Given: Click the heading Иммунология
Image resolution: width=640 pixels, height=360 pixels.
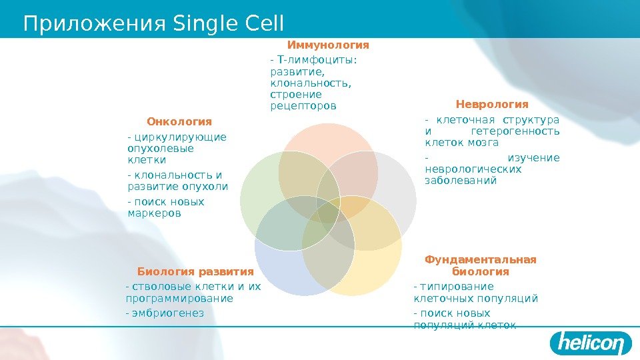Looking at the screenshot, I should coord(328,45).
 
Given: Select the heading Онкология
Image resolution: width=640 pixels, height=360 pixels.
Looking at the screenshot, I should coord(179,121).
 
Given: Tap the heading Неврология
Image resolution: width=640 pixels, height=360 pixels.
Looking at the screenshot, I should coord(492,105).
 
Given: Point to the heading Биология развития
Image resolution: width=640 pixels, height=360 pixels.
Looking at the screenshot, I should coord(195,271).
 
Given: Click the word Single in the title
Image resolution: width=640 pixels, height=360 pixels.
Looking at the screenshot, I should coord(199,24).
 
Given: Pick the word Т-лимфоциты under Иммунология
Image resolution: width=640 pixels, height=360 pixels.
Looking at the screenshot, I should coord(314,61).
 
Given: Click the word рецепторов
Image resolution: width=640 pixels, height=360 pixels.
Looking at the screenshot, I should coord(303,106).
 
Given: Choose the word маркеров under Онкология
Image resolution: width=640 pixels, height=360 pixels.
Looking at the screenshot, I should coord(153,213).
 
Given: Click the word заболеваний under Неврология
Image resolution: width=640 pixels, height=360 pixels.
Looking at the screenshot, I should coord(461,180).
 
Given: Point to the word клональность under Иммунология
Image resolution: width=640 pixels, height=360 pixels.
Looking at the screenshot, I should coord(311,83).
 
